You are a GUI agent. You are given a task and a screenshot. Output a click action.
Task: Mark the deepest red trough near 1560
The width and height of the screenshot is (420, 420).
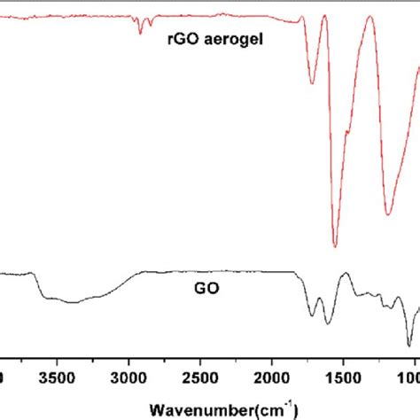tap(335, 246)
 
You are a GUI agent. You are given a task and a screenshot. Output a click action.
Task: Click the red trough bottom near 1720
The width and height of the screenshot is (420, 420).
tap(312, 83)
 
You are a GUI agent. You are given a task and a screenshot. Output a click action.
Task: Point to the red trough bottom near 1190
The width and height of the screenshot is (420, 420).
tap(388, 214)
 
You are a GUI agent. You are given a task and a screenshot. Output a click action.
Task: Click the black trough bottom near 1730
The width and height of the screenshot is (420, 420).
tap(312, 315)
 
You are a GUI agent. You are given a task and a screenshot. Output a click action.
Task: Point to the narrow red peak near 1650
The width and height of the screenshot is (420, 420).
tap(323, 39)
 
